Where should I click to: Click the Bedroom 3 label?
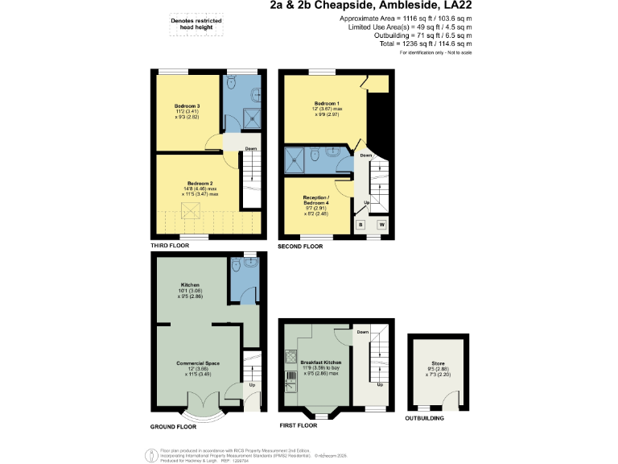click(187, 106)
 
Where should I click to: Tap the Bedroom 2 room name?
click(200, 183)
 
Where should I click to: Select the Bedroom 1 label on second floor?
click(327, 104)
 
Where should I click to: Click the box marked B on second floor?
click(361, 224)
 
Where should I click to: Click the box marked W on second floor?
click(381, 224)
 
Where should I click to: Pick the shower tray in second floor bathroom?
click(295, 159)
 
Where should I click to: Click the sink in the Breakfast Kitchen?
click(289, 384)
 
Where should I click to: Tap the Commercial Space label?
click(198, 363)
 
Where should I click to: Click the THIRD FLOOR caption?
click(169, 246)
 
